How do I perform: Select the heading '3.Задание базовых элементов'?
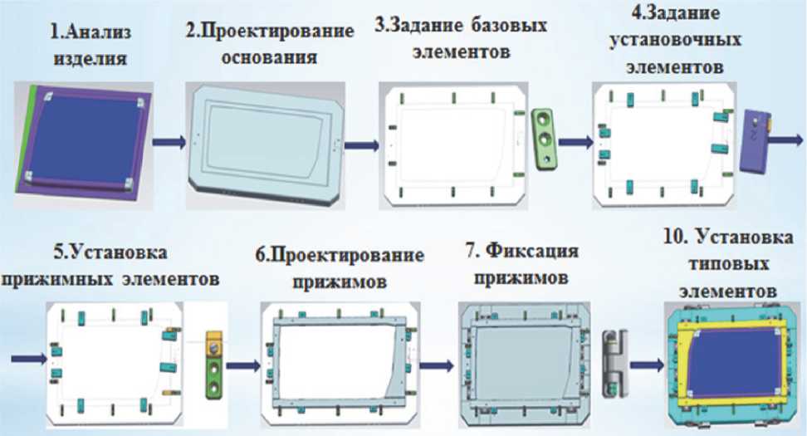click(x=462, y=39)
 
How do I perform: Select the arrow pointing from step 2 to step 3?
click(x=359, y=145)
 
